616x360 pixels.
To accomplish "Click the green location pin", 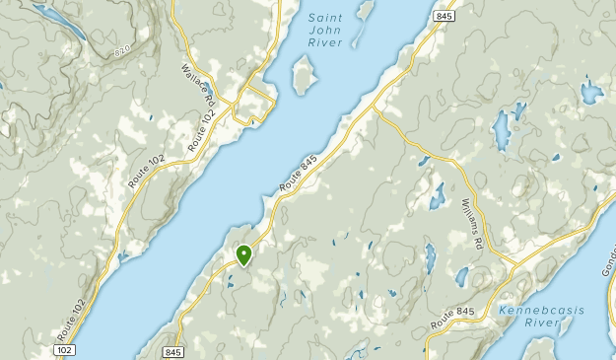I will click(243, 255).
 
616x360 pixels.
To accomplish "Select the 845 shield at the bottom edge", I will click(174, 351).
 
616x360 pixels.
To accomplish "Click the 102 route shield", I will click(64, 350).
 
